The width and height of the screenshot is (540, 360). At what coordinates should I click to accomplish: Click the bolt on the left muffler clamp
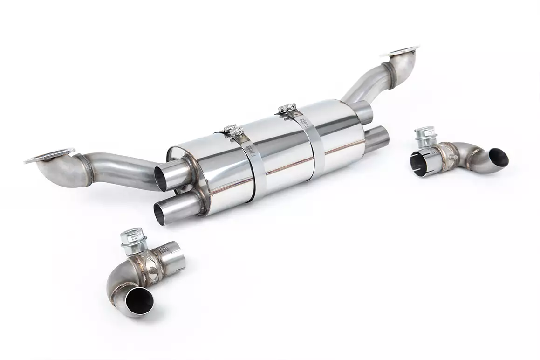(x=231, y=130)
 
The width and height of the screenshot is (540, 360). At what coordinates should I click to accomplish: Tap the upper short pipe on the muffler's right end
(x=366, y=111)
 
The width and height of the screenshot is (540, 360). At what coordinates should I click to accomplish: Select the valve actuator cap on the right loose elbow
(x=425, y=134)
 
